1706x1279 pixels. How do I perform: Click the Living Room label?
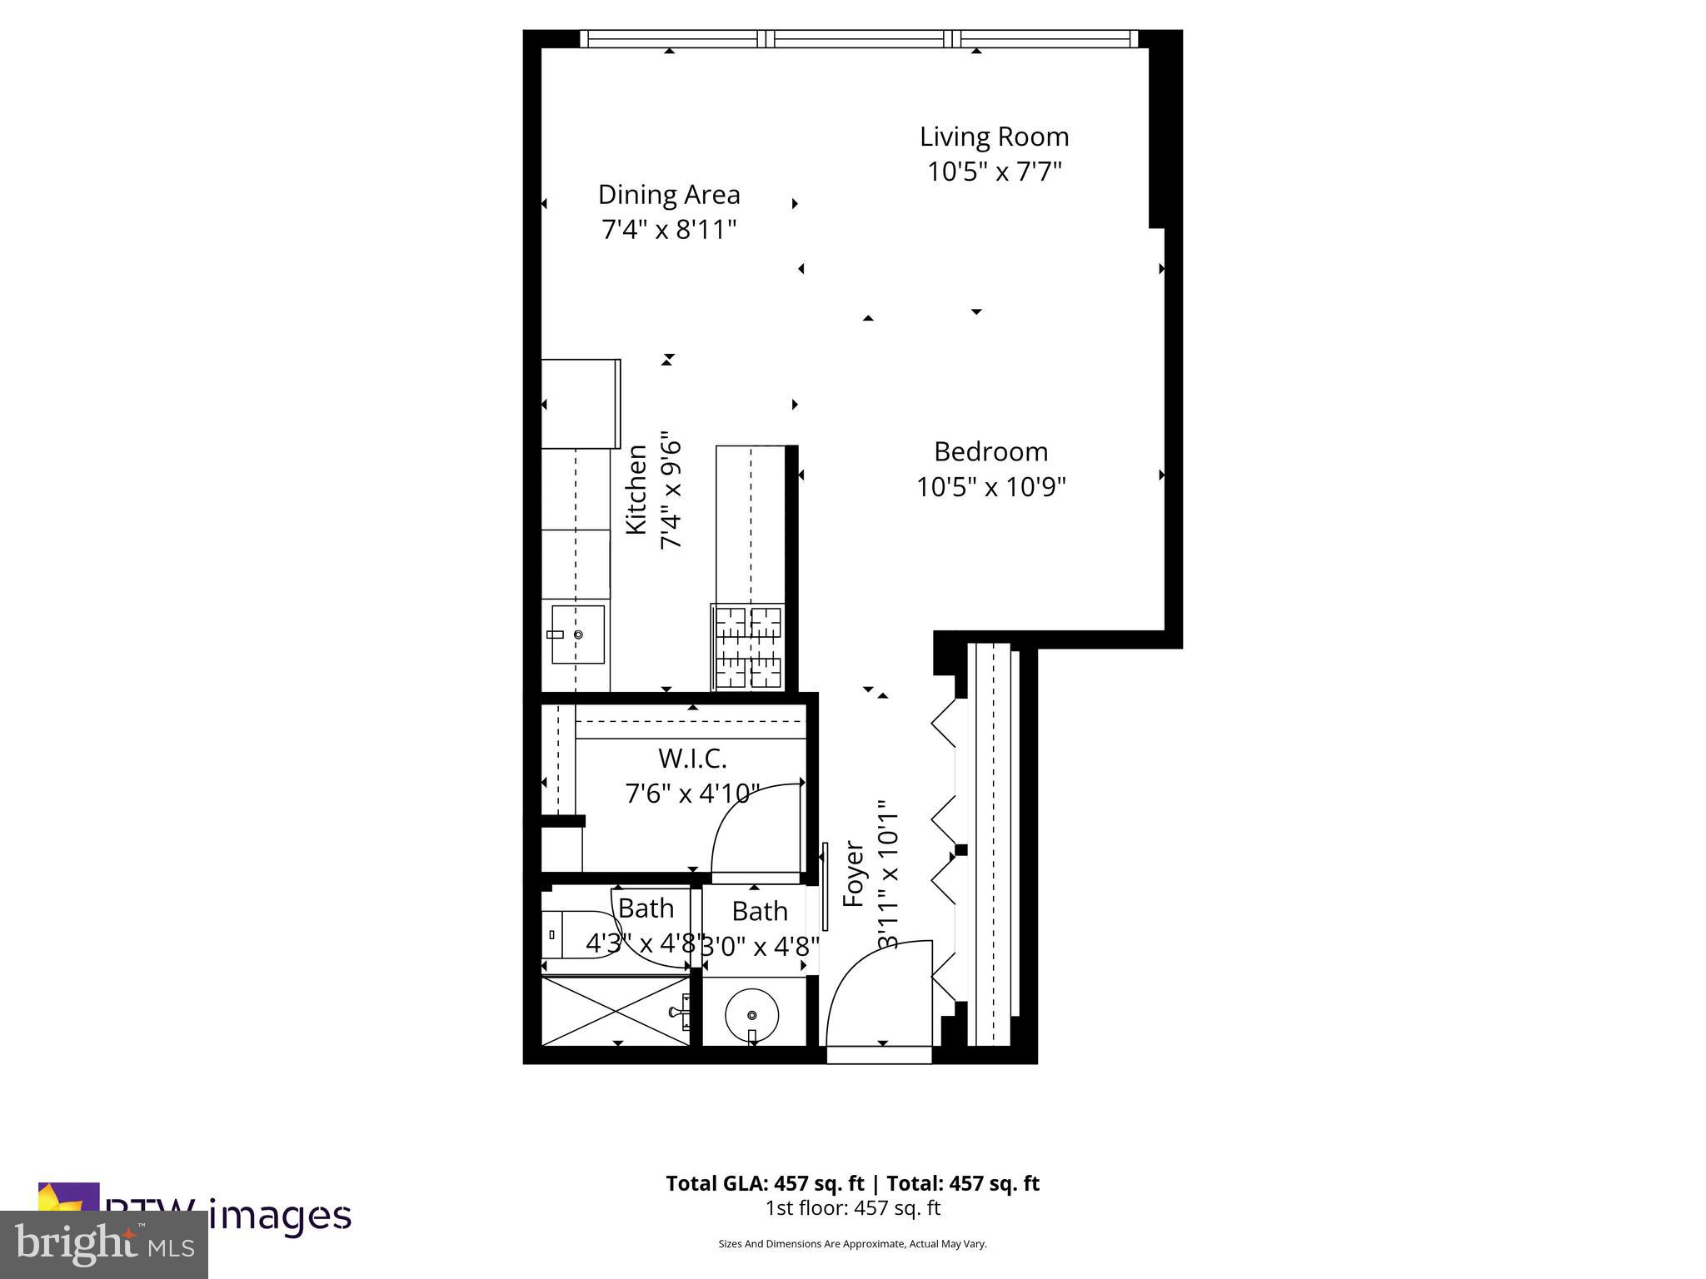pyautogui.click(x=994, y=137)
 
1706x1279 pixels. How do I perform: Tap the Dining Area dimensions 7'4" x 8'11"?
pyautogui.click(x=669, y=229)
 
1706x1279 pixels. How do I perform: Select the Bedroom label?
pyautogui.click(x=990, y=451)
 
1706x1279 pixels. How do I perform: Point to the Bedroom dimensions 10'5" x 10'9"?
pyautogui.click(x=991, y=486)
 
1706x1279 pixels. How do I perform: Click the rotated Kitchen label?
pyautogui.click(x=636, y=489)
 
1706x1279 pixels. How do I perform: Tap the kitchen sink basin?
pyautogui.click(x=578, y=635)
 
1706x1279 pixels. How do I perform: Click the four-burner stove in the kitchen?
pyautogui.click(x=749, y=647)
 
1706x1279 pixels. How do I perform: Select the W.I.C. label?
pyautogui.click(x=692, y=759)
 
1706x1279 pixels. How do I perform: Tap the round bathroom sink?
pyautogui.click(x=751, y=1015)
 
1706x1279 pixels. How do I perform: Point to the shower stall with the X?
pyautogui.click(x=616, y=1011)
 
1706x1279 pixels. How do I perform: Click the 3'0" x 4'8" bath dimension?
pyautogui.click(x=760, y=947)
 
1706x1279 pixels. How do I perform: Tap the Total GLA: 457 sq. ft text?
pyautogui.click(x=765, y=1183)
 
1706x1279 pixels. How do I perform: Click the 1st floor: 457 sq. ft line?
pyautogui.click(x=852, y=1207)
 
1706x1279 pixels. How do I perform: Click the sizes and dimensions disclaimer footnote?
pyautogui.click(x=852, y=1244)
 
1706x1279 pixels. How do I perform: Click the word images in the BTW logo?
pyautogui.click(x=279, y=1215)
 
